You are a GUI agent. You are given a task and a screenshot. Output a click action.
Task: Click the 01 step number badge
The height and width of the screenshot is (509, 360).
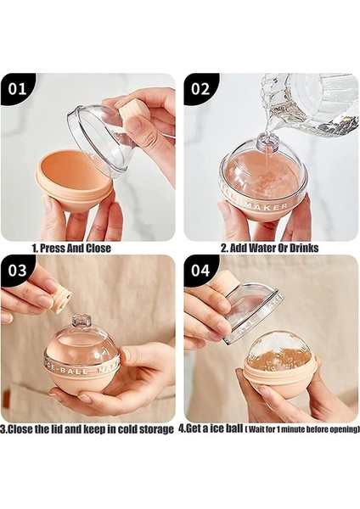(x=18, y=88)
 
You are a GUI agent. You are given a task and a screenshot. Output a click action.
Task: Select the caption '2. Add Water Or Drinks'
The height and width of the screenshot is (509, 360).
(x=269, y=249)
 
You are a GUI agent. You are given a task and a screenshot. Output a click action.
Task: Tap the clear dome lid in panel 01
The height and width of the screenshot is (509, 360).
(x=100, y=136)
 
